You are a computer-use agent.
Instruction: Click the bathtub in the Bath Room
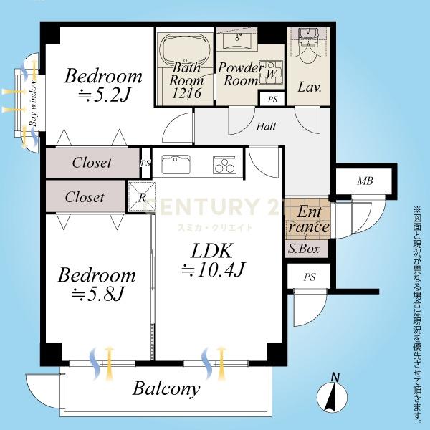(184, 49)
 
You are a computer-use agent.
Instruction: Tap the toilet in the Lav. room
(308, 45)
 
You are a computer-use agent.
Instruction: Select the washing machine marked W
(271, 72)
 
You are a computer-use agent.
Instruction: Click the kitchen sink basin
(176, 165)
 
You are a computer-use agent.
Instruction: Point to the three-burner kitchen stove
(224, 165)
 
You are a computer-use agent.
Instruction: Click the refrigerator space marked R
(142, 196)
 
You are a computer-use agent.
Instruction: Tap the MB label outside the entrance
(365, 181)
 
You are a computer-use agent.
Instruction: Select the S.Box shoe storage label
(304, 249)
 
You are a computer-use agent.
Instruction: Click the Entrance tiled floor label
(309, 219)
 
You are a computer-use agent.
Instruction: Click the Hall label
(266, 126)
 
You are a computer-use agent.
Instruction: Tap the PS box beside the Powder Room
(272, 99)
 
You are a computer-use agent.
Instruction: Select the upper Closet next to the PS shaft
(92, 163)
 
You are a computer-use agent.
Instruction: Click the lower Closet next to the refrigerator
(85, 196)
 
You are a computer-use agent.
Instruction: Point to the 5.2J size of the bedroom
(104, 95)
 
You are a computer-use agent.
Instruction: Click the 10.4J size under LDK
(213, 270)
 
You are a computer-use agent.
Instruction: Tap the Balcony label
(166, 389)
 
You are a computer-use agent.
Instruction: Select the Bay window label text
(34, 102)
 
